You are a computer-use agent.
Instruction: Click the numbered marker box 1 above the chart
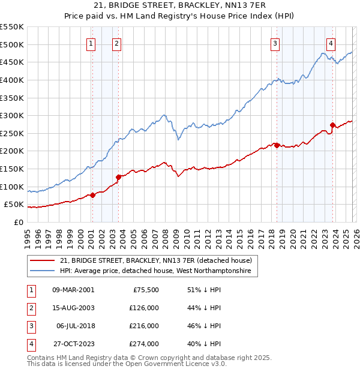(x=91, y=43)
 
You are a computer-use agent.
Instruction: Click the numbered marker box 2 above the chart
(x=116, y=43)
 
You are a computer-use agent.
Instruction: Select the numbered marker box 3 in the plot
(x=275, y=43)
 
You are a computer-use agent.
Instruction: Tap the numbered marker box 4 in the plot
(x=331, y=43)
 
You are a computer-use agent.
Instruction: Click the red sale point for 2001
(x=92, y=195)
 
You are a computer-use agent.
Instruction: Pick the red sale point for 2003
(x=118, y=177)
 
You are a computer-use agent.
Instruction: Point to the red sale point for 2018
(x=277, y=145)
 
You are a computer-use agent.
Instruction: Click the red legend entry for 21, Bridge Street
(x=158, y=260)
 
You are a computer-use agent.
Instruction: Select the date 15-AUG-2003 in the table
(x=74, y=308)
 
